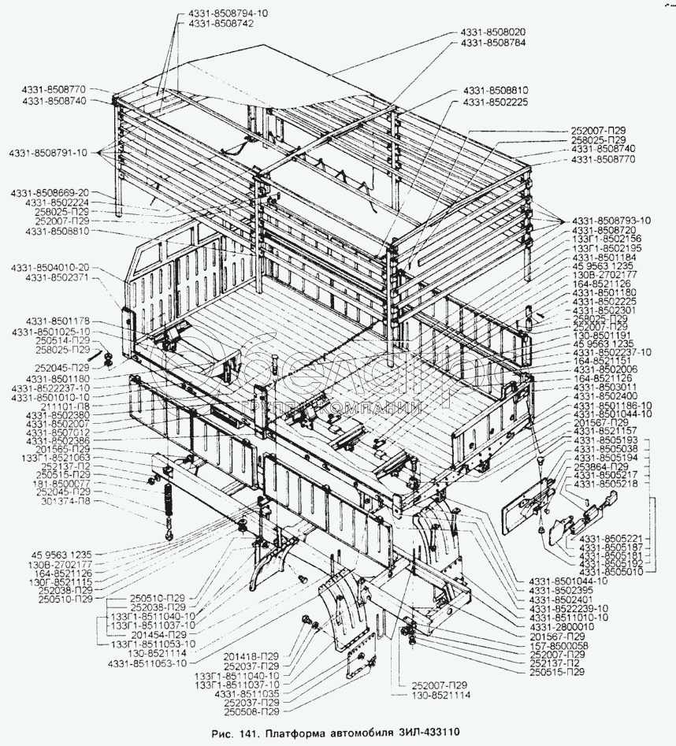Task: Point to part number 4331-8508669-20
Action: (50, 192)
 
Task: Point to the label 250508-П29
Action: (249, 711)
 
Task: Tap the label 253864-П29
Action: (602, 466)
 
